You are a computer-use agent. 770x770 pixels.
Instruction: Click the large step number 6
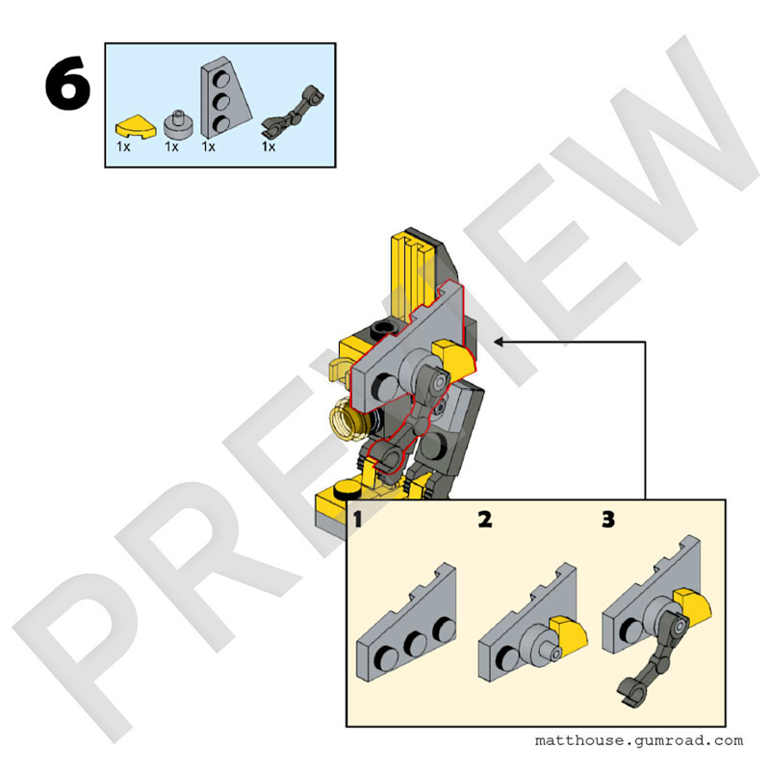[68, 83]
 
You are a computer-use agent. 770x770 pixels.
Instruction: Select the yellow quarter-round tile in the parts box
[136, 126]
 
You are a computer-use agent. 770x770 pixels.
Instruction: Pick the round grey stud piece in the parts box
[178, 124]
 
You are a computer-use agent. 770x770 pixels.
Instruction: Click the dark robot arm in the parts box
[293, 112]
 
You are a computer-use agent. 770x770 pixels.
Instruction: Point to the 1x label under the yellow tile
[123, 147]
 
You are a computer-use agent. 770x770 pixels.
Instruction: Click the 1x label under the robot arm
[269, 147]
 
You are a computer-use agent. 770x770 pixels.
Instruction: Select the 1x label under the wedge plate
[208, 147]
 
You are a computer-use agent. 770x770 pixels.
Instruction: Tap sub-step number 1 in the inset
[357, 520]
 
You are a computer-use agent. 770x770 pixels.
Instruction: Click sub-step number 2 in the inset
[485, 520]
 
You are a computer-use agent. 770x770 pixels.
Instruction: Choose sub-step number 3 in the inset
[608, 520]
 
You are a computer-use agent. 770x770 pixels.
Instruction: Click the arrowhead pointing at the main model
[498, 342]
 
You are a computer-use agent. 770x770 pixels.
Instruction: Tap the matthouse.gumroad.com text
[639, 740]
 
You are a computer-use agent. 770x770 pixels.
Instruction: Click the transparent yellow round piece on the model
[347, 420]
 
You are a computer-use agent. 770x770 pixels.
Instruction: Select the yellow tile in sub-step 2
[569, 635]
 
